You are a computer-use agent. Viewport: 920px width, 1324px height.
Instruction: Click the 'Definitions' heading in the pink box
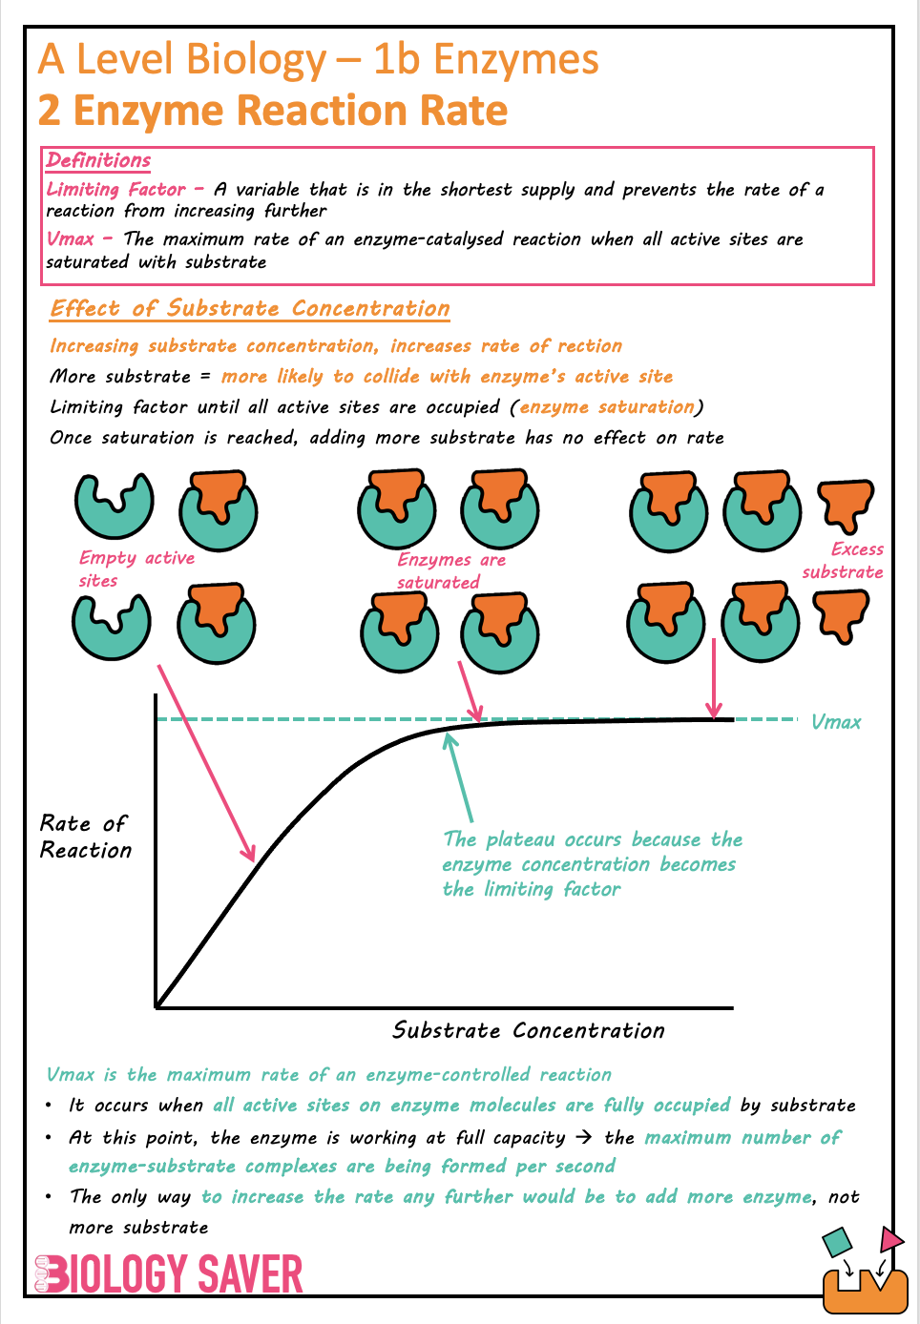coord(98,160)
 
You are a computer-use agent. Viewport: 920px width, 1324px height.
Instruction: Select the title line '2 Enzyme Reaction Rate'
coord(272,111)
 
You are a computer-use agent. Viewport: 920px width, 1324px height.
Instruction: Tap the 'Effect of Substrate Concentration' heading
coord(250,308)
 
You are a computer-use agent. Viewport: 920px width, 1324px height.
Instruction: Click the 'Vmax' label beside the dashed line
coord(835,722)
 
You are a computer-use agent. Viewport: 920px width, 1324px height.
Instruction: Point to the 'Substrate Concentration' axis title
coord(528,1030)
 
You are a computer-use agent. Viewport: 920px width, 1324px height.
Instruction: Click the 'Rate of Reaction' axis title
coord(85,837)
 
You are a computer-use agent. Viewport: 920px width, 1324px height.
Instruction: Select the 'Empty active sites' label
coord(136,569)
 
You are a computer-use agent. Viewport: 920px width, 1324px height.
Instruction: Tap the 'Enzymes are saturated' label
coord(450,570)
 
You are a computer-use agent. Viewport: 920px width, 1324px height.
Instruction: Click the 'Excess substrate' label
coord(844,561)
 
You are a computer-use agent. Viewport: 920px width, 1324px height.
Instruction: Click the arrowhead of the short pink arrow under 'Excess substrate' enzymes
coord(714,710)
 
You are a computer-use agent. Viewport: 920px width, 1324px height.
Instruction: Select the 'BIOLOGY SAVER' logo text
coord(169,1273)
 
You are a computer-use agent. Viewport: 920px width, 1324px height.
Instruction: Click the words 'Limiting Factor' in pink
coord(115,189)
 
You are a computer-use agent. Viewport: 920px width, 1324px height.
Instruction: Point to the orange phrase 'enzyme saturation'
coord(607,407)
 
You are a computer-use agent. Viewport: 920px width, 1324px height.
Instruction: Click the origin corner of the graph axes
coord(157,1006)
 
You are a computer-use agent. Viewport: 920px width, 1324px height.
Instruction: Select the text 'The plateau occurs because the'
coord(592,839)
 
